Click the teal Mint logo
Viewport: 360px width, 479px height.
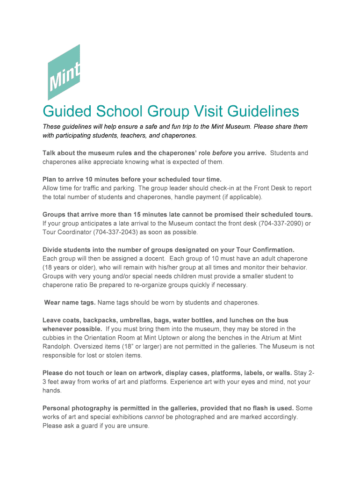pos(64,73)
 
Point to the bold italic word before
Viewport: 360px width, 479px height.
pos(222,153)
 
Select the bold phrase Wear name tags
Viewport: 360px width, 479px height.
pos(70,303)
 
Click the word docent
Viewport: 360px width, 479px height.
pos(151,259)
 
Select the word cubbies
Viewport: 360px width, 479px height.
pos(54,338)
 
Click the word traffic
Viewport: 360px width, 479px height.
pos(88,188)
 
